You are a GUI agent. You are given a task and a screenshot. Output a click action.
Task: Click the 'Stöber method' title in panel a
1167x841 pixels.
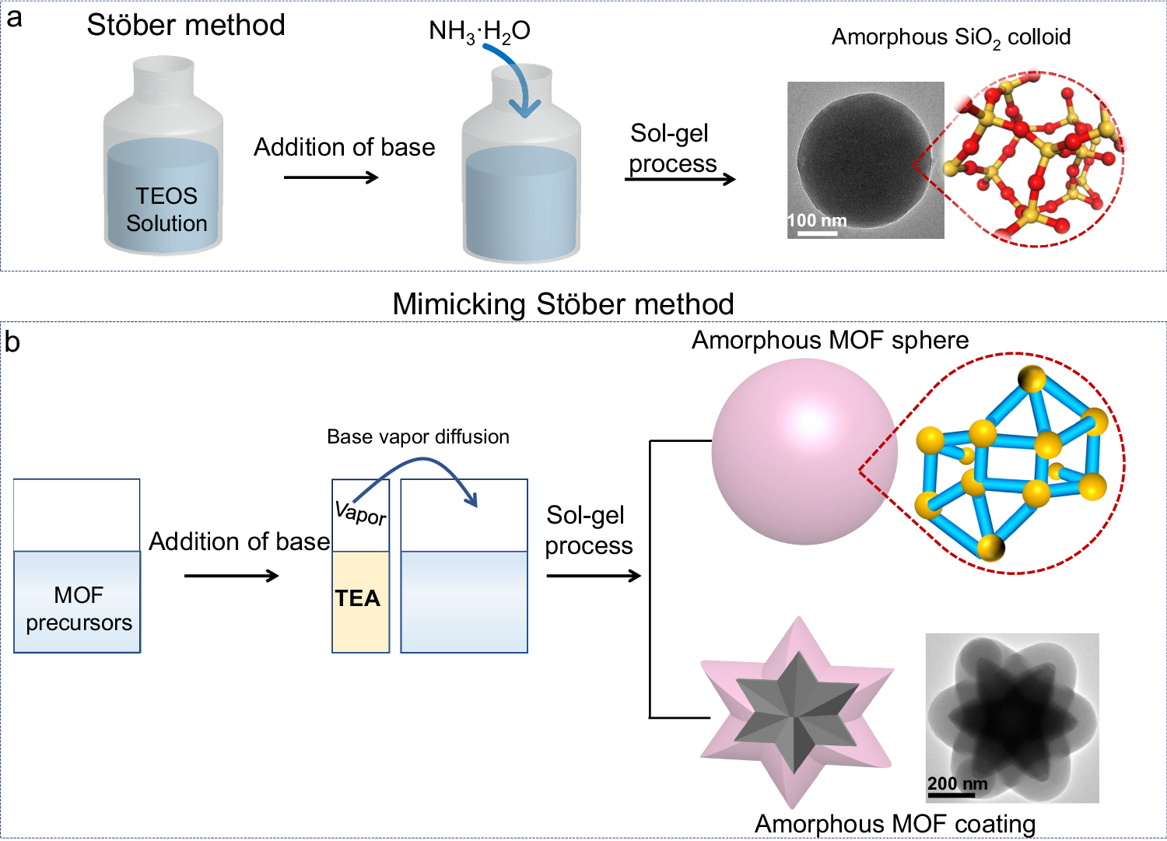186,26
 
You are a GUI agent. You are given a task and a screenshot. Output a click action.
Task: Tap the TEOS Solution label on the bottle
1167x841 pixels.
166,209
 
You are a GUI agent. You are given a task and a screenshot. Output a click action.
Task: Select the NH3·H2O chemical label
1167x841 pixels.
479,31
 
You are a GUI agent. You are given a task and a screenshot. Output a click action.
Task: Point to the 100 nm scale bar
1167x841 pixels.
817,233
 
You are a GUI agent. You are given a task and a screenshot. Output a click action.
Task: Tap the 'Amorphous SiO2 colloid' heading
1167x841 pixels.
951,37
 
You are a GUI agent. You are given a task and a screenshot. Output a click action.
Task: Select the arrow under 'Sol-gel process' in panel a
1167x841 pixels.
680,179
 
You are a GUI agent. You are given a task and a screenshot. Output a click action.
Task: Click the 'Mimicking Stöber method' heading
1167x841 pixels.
563,303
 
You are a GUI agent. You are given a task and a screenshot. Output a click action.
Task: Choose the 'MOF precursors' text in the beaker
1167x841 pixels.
79,608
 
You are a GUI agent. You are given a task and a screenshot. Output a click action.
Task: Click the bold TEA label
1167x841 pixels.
358,598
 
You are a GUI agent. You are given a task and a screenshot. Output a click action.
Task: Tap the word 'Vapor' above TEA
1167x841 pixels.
360,513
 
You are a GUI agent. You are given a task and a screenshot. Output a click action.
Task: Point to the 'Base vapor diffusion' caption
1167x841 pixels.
418,436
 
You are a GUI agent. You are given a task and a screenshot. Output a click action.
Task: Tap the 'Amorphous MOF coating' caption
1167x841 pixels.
895,823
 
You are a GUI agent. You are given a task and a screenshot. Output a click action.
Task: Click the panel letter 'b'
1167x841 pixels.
12,342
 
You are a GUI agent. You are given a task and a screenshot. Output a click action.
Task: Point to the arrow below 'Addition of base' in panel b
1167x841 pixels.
231,576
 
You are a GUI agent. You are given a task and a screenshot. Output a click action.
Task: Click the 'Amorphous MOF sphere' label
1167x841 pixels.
830,340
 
